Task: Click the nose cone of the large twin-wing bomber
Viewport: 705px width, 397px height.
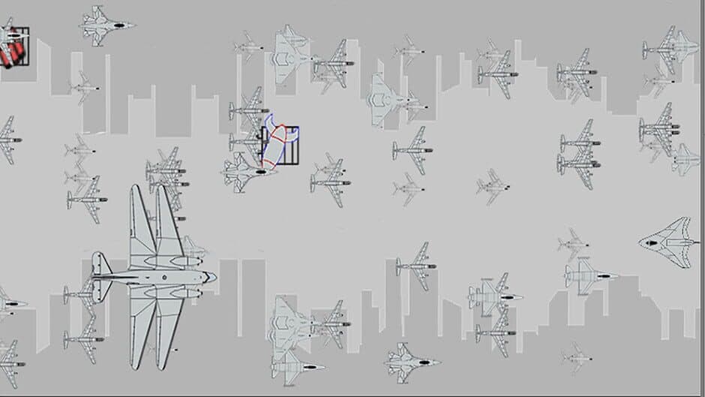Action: point(213,277)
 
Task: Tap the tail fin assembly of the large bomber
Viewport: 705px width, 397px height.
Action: point(99,276)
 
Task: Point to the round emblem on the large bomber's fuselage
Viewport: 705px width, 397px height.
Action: point(160,276)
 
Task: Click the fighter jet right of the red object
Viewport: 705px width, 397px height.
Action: point(106,25)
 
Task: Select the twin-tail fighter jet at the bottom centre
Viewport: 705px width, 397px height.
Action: point(409,362)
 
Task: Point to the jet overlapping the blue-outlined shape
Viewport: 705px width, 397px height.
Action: point(247,171)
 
